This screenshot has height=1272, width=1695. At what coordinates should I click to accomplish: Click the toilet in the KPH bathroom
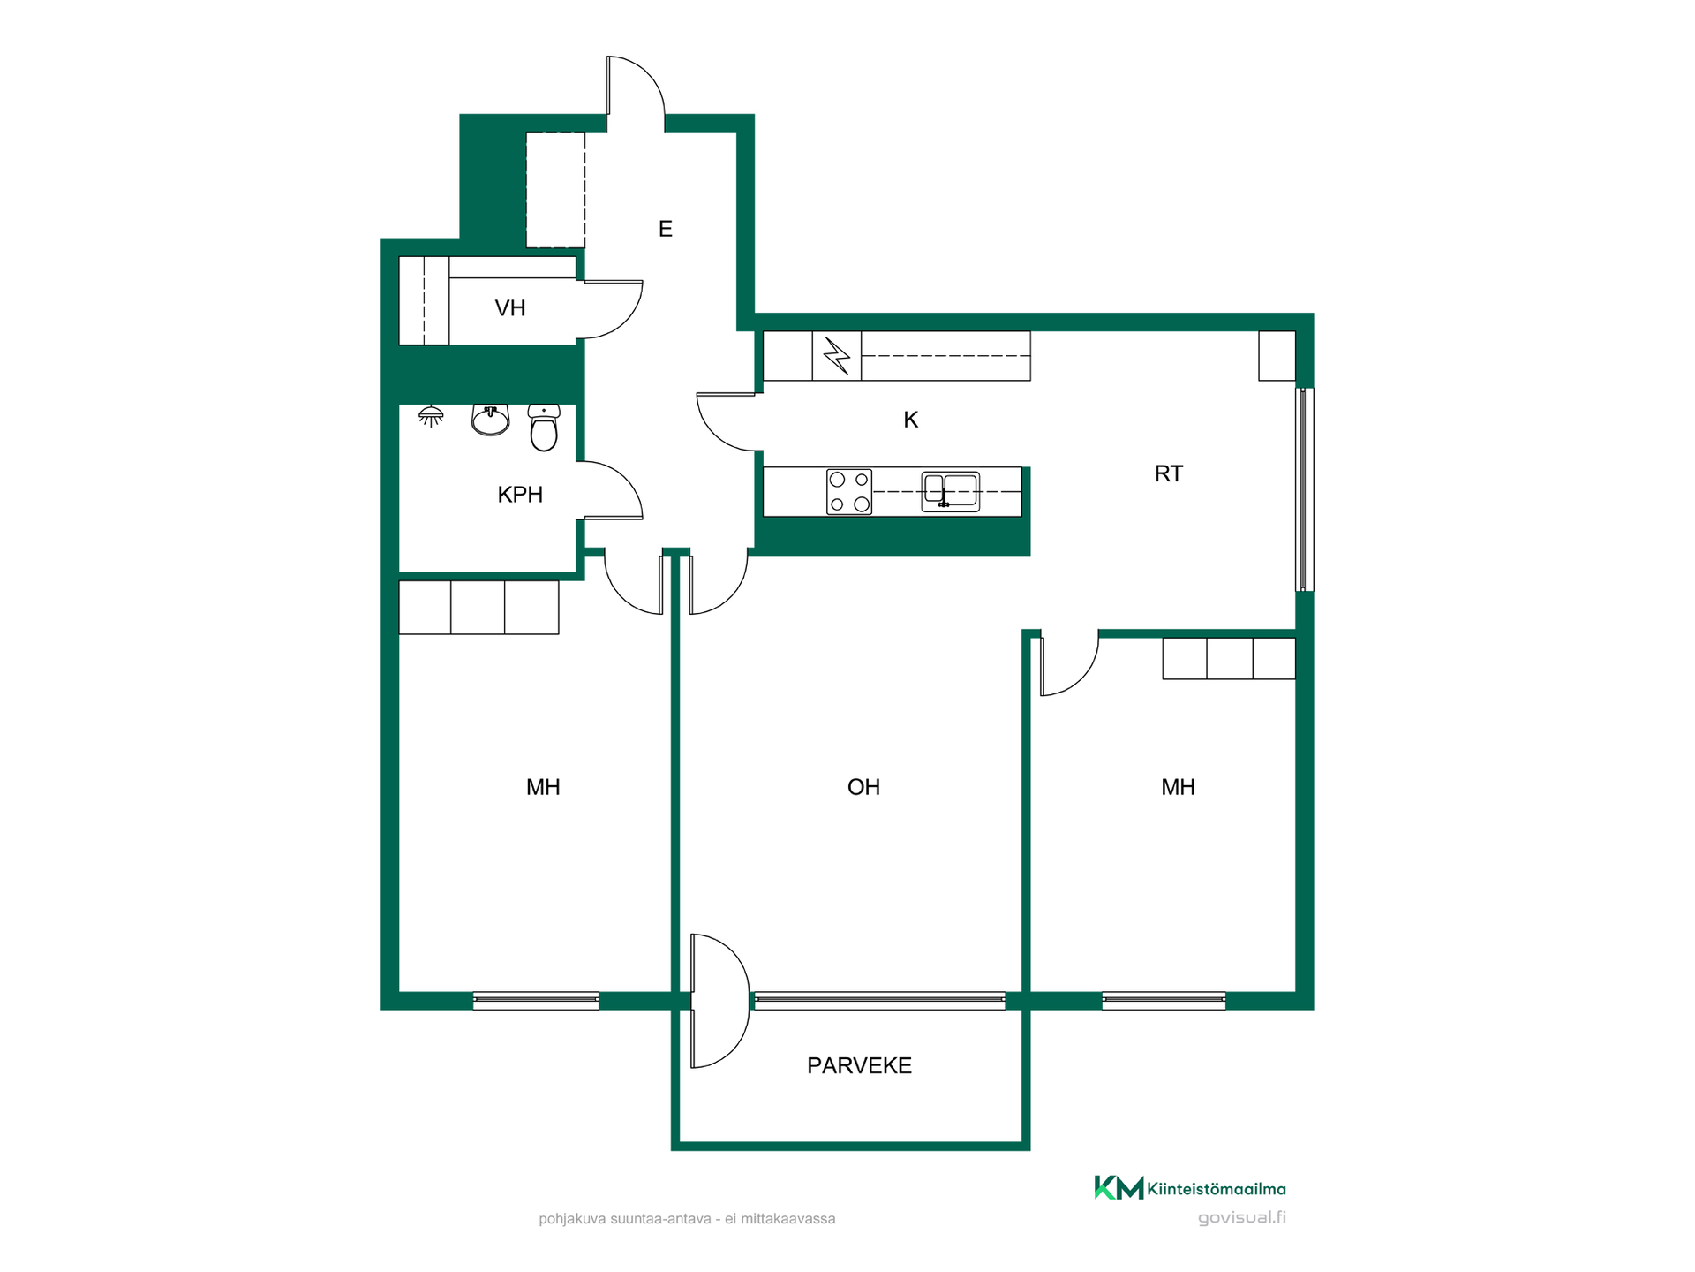point(544,428)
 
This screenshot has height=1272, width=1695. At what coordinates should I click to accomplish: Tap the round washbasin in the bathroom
point(491,420)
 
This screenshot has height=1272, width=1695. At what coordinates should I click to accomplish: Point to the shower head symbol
point(431,415)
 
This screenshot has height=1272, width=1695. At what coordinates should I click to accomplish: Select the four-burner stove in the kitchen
point(849,492)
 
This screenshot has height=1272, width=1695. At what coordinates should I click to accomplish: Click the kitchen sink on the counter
point(950,491)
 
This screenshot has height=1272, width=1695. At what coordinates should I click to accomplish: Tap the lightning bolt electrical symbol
point(837,356)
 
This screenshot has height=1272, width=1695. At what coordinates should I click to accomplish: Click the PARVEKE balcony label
point(859,1065)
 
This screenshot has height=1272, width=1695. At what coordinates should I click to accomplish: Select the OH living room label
point(863,787)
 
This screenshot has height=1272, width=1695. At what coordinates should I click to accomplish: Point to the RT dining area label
point(1168,473)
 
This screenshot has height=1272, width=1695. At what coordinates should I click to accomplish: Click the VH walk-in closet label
point(510,308)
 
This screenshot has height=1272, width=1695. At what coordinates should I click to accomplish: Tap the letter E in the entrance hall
point(666,229)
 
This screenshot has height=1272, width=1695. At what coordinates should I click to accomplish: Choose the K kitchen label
point(911,420)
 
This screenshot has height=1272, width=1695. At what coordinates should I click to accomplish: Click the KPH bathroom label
point(520,495)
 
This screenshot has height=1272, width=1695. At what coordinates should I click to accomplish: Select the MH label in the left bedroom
point(543,787)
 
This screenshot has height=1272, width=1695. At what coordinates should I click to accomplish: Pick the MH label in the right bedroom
point(1178,787)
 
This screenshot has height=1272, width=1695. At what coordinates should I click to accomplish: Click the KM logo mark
point(1119,1188)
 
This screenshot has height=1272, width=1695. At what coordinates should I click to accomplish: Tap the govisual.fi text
point(1241,1217)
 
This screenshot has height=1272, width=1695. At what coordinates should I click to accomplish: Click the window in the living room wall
point(880,1001)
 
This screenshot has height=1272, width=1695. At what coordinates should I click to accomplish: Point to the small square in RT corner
point(1277,356)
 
